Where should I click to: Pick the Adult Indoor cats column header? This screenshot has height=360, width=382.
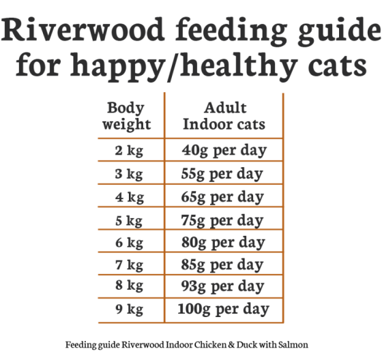[x=224, y=117]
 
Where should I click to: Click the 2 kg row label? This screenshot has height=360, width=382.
[x=130, y=150]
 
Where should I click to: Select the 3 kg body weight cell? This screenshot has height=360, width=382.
[x=130, y=174]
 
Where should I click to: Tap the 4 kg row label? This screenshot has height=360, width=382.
[x=130, y=197]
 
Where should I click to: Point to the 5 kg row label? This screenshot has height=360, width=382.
[x=130, y=221]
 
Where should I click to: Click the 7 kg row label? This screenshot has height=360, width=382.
[x=130, y=265]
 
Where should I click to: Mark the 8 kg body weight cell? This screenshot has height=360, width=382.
[x=130, y=286]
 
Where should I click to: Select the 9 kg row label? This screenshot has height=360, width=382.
[x=130, y=310]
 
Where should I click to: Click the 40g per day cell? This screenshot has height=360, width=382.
[x=224, y=150]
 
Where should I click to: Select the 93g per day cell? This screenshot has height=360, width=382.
[x=224, y=286]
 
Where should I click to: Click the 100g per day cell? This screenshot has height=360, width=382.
[x=224, y=310]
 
